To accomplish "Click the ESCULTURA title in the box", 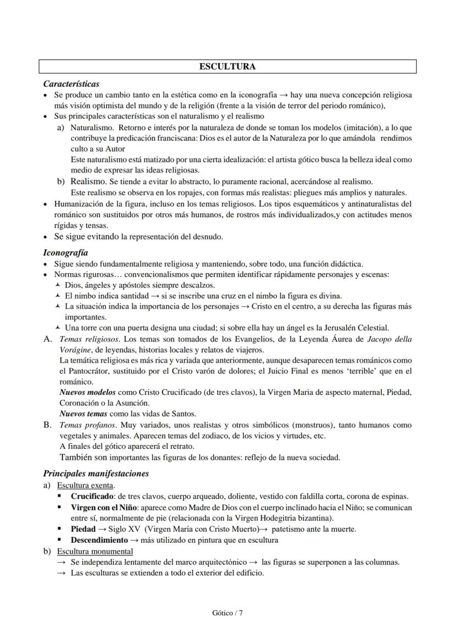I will pos(227,67).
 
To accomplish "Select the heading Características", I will pos(71,84).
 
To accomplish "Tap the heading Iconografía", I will pos(65,253).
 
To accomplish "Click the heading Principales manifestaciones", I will pos(96,473).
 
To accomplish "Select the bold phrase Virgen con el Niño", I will pos(105,507).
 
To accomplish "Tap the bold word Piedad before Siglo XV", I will pos(83,529).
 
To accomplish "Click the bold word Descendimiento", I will pos(99,540).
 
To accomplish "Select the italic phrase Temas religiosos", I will pos(84,339).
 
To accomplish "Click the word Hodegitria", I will pos(261,518).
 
